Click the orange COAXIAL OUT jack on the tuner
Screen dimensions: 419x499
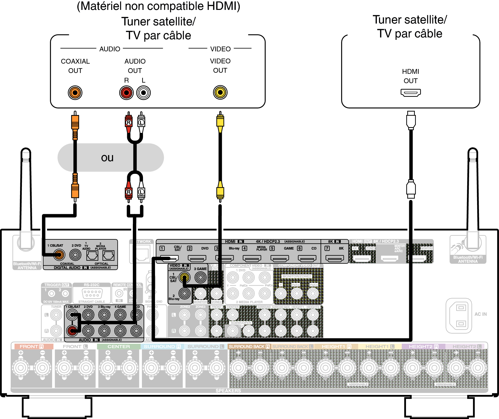coord(75,93)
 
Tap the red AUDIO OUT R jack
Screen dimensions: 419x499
coord(126,93)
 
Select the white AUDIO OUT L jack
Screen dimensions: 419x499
coord(144,93)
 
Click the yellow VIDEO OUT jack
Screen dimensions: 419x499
coord(220,93)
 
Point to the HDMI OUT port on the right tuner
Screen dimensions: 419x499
coord(411,93)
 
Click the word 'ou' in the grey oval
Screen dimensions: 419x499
coord(107,158)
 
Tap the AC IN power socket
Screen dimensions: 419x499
coord(459,316)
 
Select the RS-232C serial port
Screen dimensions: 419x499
coord(92,293)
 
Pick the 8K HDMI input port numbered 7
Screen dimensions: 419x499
coord(335,258)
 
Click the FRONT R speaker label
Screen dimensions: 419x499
coord(32,347)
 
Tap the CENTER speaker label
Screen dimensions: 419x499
coord(119,347)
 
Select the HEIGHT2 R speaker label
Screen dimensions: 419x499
coord(423,347)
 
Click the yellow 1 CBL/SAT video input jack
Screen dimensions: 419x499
coord(184,277)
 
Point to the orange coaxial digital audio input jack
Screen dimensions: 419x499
coord(59,255)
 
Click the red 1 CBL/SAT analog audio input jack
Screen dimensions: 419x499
coord(72,331)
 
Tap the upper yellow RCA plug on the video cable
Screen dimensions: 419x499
coord(220,122)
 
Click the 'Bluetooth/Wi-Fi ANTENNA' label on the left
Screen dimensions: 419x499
coord(27,266)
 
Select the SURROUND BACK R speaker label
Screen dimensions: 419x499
coord(249,347)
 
